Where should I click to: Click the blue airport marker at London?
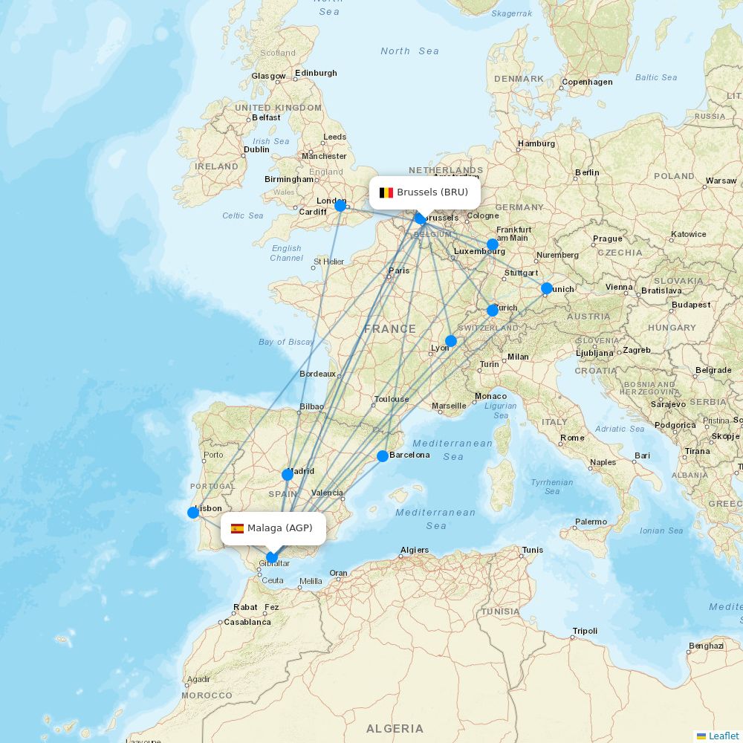[340, 206]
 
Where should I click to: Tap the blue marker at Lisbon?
[193, 513]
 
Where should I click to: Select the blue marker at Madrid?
[288, 474]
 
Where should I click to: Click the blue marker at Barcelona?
[383, 456]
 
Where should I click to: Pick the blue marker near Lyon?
[451, 341]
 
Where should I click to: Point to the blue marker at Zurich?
[493, 311]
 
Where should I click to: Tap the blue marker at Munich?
[547, 288]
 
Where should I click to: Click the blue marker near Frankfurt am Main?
[493, 244]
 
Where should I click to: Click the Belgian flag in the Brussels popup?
[386, 192]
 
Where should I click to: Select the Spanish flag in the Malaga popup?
[237, 528]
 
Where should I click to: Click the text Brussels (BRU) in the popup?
[432, 192]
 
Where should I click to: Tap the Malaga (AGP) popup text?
[280, 528]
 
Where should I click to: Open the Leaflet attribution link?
[723, 736]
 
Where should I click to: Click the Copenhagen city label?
[587, 82]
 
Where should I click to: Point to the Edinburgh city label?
[316, 73]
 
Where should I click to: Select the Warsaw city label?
[721, 181]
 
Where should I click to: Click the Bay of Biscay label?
[286, 342]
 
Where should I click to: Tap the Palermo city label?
[591, 522]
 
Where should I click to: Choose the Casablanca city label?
[247, 622]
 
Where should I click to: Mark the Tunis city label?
[533, 551]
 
